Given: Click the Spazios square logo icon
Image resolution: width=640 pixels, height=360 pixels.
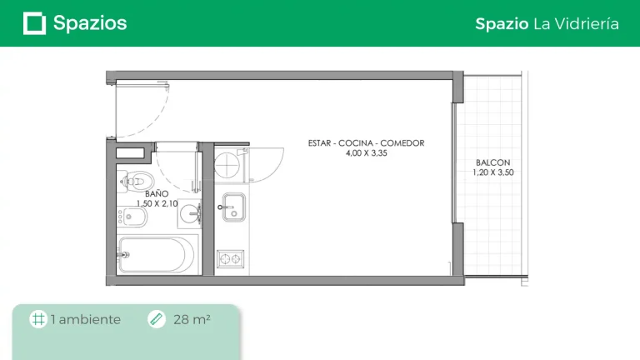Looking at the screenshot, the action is pyautogui.click(x=34, y=23).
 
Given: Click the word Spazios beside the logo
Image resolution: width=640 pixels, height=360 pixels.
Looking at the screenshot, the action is pyautogui.click(x=90, y=23).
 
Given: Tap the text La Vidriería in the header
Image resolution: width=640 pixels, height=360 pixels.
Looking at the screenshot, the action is pyautogui.click(x=576, y=23).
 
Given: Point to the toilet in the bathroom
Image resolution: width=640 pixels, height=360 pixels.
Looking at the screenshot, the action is pyautogui.click(x=137, y=181).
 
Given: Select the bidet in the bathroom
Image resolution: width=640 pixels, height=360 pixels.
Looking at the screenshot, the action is pyautogui.click(x=132, y=217).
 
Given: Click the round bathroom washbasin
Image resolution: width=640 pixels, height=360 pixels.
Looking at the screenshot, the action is pyautogui.click(x=190, y=213).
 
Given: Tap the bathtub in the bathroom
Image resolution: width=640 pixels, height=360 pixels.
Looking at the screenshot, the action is pyautogui.click(x=157, y=255).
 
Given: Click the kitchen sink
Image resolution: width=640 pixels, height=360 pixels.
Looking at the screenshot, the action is pyautogui.click(x=233, y=207).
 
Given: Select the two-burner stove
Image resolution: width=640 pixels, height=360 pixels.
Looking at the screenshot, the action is pyautogui.click(x=231, y=259).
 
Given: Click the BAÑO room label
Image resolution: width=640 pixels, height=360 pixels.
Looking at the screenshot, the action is pyautogui.click(x=157, y=193).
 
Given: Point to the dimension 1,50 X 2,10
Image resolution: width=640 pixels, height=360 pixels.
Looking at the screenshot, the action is pyautogui.click(x=157, y=203).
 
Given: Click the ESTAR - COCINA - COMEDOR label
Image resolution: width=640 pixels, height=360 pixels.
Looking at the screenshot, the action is pyautogui.click(x=366, y=143).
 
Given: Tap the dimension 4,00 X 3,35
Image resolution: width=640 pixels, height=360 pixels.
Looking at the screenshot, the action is pyautogui.click(x=366, y=153).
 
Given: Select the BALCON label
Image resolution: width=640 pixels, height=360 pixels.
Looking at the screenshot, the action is pyautogui.click(x=492, y=162).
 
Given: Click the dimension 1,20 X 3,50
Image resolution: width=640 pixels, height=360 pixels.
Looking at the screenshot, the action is pyautogui.click(x=493, y=172).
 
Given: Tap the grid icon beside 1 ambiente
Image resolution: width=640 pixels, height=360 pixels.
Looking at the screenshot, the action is pyautogui.click(x=38, y=319).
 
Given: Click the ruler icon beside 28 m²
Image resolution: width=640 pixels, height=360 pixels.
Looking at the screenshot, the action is pyautogui.click(x=157, y=319).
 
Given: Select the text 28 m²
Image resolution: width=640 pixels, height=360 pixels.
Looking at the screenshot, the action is pyautogui.click(x=192, y=319).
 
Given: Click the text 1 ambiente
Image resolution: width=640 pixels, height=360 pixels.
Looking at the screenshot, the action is pyautogui.click(x=86, y=319).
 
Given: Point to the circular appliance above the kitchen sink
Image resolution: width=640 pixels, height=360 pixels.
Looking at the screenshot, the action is pyautogui.click(x=227, y=165).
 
